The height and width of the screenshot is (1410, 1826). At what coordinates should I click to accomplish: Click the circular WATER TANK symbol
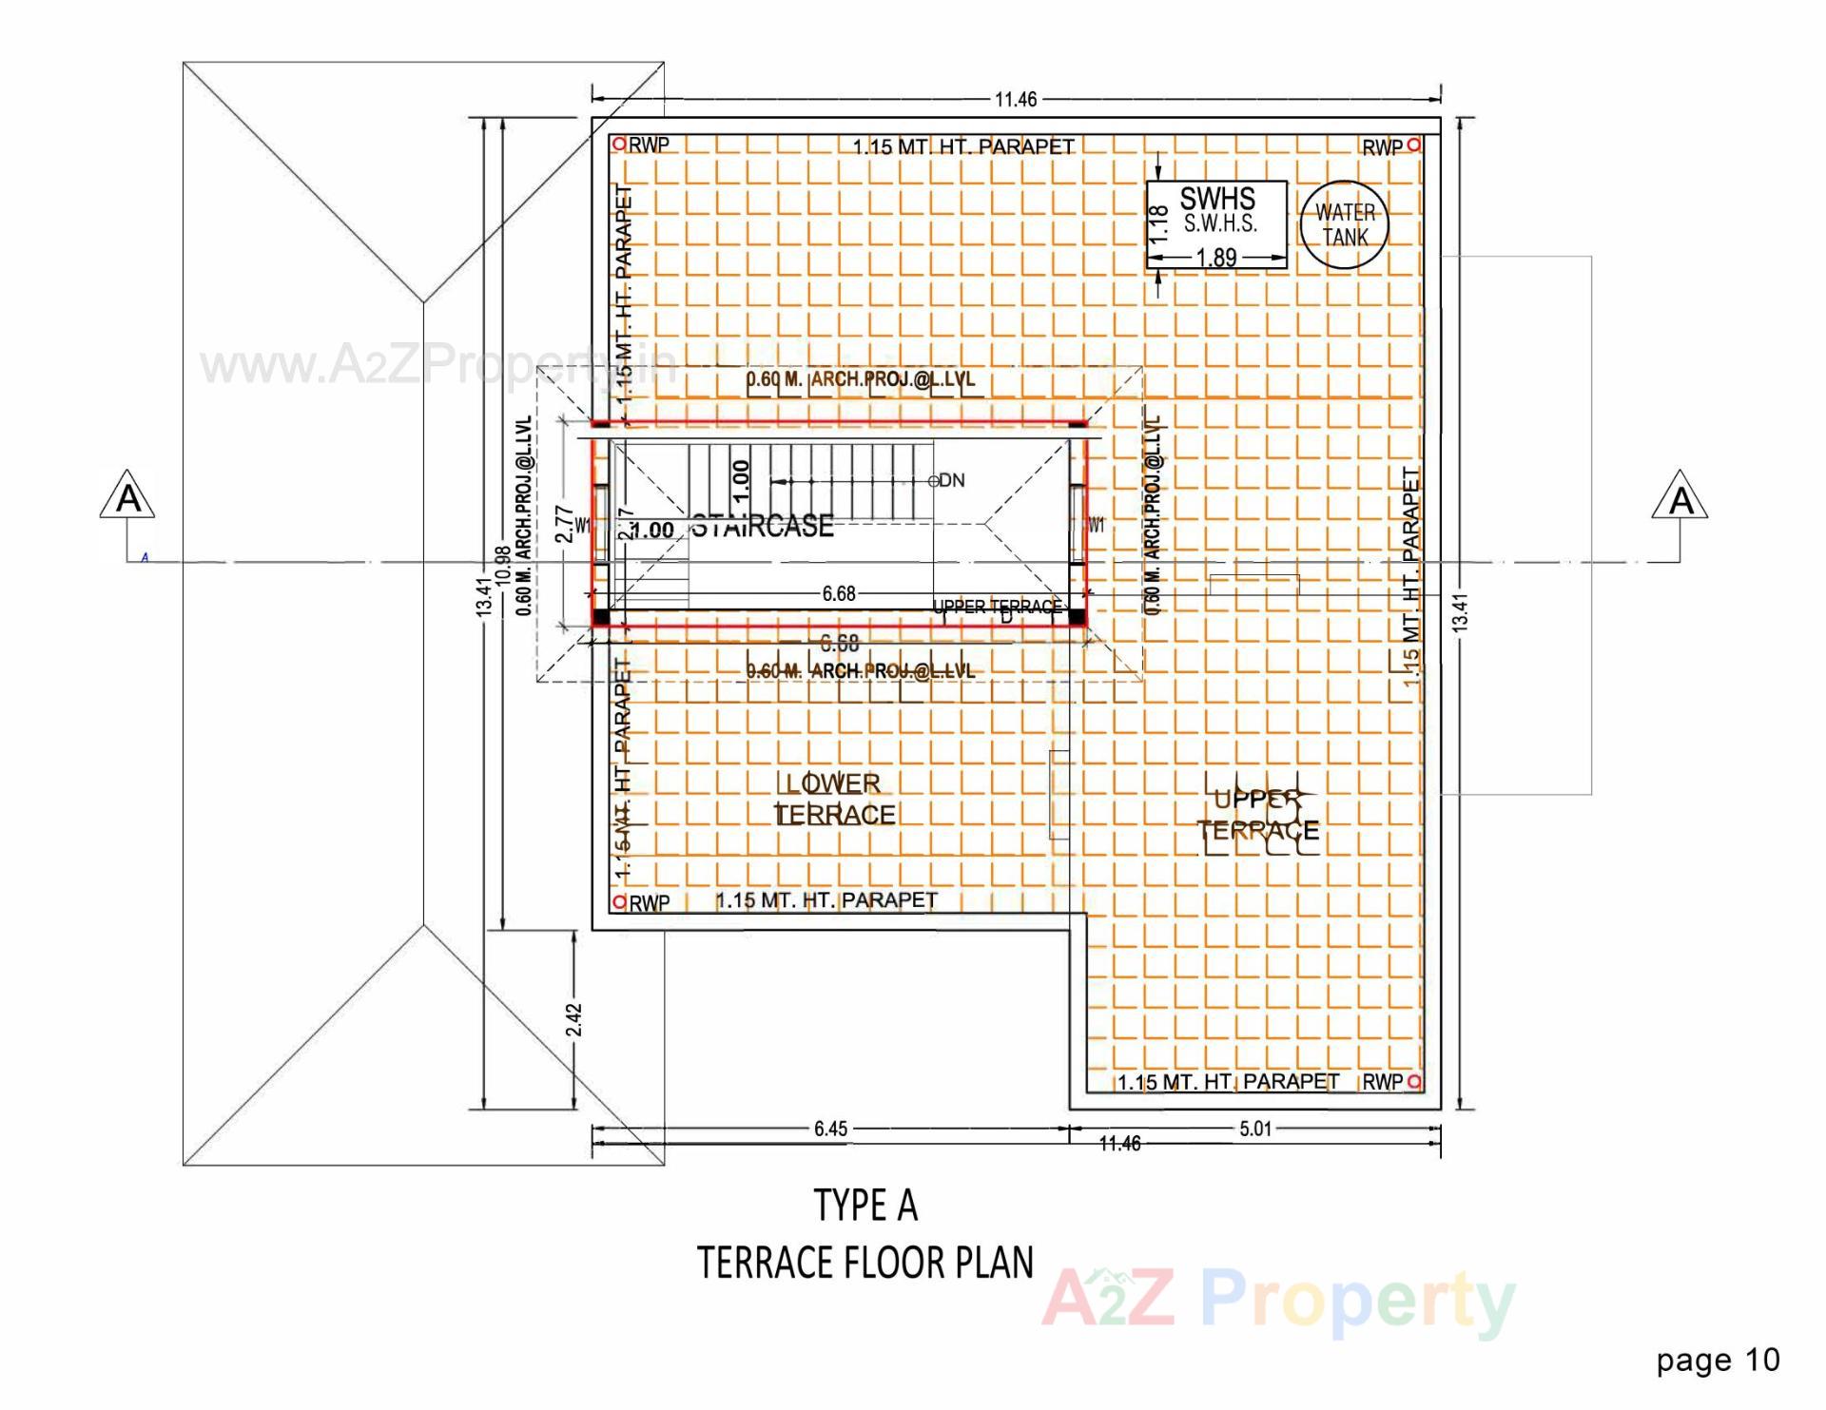[1344, 225]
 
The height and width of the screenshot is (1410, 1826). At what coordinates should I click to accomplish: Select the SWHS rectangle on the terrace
[1216, 224]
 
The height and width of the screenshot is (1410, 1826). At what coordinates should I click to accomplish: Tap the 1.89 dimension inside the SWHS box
[1215, 258]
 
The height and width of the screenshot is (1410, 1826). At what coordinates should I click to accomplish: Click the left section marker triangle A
[127, 497]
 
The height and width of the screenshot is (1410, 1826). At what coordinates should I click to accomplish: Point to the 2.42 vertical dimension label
[573, 1019]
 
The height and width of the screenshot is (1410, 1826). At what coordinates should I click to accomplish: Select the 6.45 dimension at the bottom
[830, 1129]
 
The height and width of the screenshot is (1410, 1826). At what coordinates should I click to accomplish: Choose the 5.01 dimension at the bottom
[1254, 1129]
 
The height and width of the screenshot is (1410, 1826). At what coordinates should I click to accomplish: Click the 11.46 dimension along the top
[1016, 99]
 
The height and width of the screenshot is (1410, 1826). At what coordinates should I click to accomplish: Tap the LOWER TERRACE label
[835, 799]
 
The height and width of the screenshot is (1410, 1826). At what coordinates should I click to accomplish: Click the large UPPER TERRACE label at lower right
[1258, 815]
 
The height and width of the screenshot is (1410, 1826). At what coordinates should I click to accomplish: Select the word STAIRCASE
[762, 526]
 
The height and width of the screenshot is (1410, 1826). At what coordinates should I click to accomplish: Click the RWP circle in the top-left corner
[619, 145]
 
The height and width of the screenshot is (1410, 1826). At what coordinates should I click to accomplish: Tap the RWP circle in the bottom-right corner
[1414, 1081]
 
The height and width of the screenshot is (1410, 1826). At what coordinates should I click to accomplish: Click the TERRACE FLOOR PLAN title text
[864, 1263]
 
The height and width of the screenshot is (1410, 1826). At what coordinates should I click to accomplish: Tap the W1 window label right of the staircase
[1097, 525]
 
